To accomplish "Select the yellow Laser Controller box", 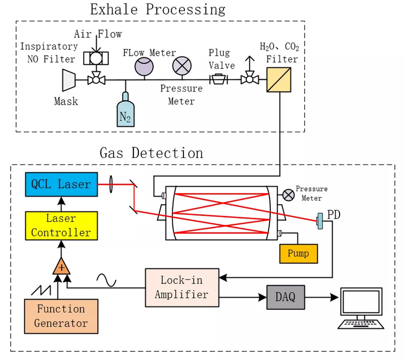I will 61,226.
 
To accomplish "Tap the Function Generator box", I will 61,316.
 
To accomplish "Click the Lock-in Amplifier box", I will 182,287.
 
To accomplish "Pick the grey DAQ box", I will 285,297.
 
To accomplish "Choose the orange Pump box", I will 299,253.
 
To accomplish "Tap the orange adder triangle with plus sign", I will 61,265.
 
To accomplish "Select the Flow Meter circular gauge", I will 143,66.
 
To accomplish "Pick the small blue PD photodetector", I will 320,221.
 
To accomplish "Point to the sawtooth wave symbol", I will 41,290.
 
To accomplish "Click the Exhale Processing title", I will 158,9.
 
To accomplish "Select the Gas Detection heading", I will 151,153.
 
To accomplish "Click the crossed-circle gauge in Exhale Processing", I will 181,65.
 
